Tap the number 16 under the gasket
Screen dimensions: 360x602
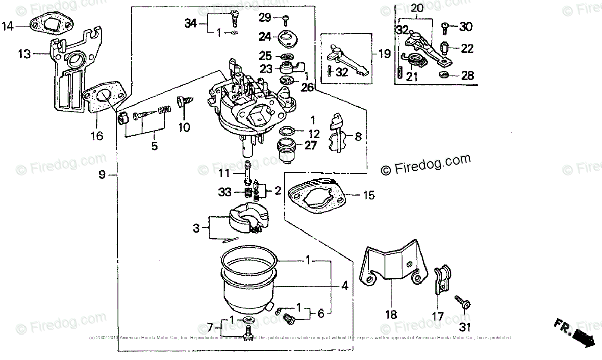(97, 136)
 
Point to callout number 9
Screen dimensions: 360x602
(102, 175)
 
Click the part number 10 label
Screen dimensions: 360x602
(184, 127)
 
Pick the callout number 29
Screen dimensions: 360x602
(266, 18)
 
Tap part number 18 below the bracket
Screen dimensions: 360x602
(391, 315)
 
